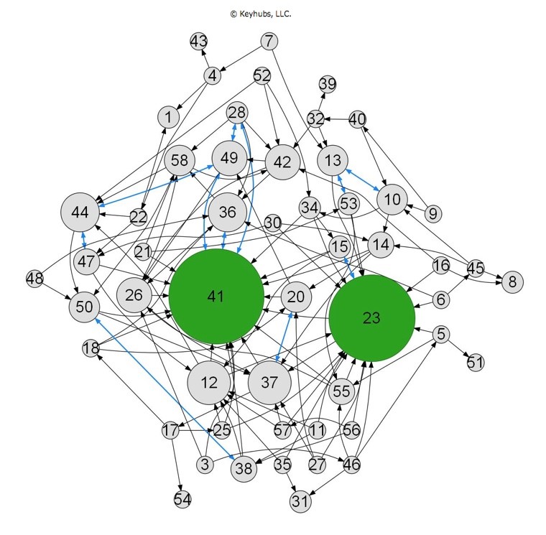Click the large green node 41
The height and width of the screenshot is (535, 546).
(x=216, y=297)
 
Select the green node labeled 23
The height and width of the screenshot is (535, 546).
(x=372, y=318)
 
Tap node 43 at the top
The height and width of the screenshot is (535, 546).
(x=199, y=42)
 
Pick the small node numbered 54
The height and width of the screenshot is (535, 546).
(x=182, y=500)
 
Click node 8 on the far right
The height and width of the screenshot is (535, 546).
(x=512, y=282)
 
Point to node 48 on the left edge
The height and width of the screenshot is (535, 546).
(x=34, y=279)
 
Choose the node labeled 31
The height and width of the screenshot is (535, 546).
(x=300, y=501)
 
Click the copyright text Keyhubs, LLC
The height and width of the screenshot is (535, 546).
(x=261, y=14)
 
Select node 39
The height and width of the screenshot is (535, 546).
(x=328, y=84)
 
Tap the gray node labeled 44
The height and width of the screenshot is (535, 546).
(x=80, y=212)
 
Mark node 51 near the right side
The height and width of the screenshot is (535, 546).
(x=476, y=363)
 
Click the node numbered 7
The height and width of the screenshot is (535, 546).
(x=269, y=42)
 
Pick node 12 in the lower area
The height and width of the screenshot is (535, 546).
(x=209, y=383)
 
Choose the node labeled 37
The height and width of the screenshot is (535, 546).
(x=269, y=382)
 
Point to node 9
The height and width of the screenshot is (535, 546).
(x=432, y=213)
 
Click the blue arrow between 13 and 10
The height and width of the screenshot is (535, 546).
(x=363, y=180)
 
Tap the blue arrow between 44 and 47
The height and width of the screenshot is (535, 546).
(x=84, y=241)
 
